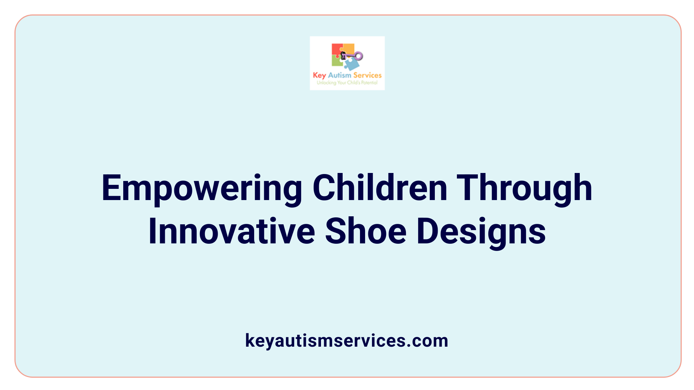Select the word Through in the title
click(524, 188)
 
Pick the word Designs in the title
click(481, 232)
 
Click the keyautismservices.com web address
click(347, 341)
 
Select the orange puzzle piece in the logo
click(348, 48)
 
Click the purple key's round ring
click(359, 56)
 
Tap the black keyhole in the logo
click(343, 55)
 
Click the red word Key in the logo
click(319, 75)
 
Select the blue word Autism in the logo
click(339, 75)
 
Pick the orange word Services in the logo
click(367, 75)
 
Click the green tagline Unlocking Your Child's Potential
click(347, 83)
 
